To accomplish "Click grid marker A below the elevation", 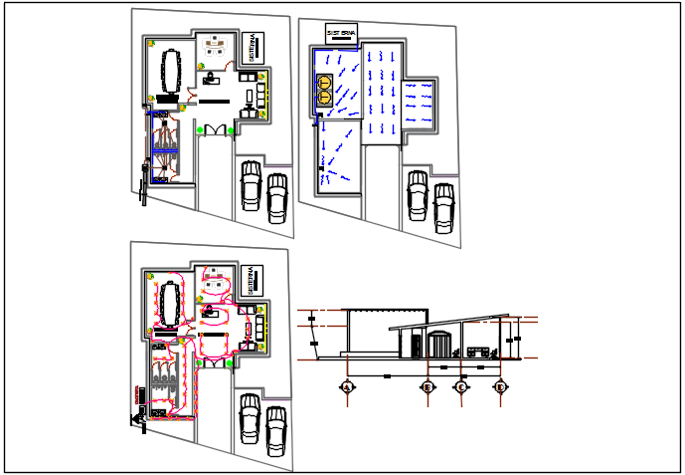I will click(x=347, y=386).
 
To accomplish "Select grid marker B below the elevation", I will click(x=427, y=386).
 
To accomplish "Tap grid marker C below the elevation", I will click(x=461, y=386).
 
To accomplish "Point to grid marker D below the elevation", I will click(x=500, y=386).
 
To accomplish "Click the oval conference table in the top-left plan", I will click(x=166, y=69).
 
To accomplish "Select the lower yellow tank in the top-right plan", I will click(x=324, y=98).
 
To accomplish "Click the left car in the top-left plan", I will click(x=251, y=185).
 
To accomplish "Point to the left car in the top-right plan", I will click(x=418, y=192).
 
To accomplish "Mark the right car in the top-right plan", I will click(x=443, y=207).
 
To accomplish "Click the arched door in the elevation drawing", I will click(x=438, y=346).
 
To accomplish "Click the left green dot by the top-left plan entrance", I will click(x=200, y=129).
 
